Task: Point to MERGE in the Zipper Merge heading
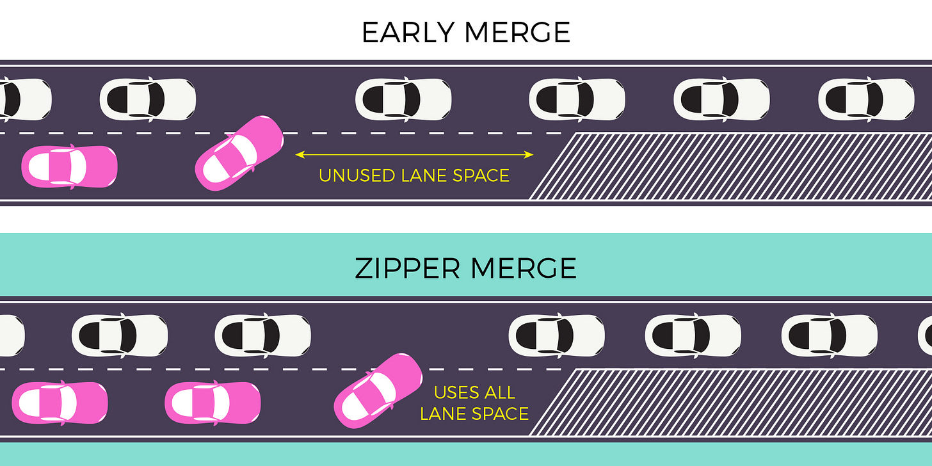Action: (524, 269)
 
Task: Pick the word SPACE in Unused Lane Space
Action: (481, 175)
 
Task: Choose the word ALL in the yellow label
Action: (501, 392)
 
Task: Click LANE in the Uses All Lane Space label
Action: (446, 414)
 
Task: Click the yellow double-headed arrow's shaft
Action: (414, 154)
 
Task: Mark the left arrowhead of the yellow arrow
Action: (298, 154)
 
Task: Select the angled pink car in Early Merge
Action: (239, 153)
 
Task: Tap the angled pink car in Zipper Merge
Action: (378, 390)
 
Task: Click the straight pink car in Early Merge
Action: (69, 166)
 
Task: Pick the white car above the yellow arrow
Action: (403, 99)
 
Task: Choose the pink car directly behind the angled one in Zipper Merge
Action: (213, 402)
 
